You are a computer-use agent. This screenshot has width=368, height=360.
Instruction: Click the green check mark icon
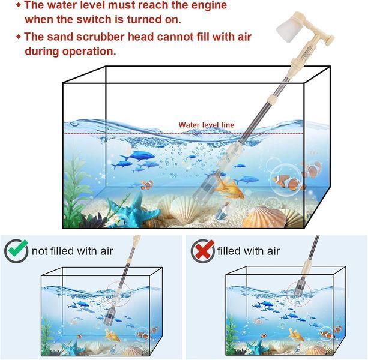click(16, 250)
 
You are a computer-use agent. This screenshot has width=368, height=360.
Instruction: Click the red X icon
click(203, 251)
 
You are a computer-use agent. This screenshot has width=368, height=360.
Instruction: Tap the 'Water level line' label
click(207, 125)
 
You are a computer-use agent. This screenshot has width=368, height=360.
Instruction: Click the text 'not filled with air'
click(72, 251)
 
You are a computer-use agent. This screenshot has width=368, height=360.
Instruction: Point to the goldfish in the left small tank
click(112, 335)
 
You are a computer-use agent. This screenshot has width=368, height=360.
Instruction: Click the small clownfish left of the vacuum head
click(147, 185)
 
